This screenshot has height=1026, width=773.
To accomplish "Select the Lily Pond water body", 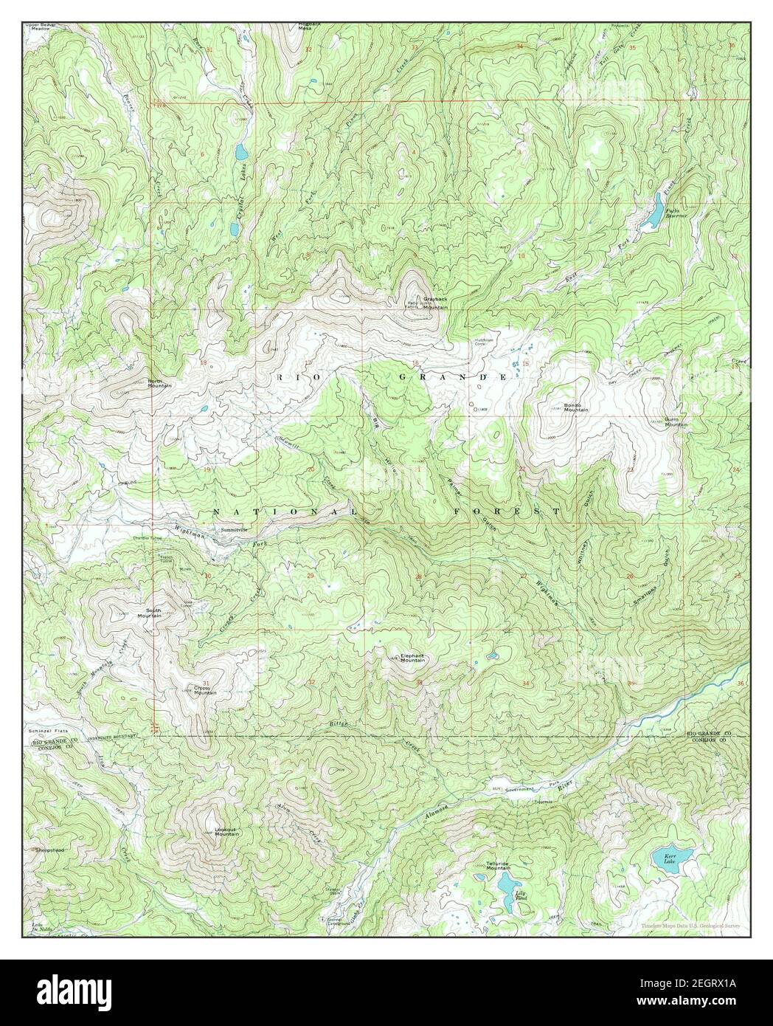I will [504, 883].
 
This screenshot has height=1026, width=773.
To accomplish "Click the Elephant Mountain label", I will [412, 658].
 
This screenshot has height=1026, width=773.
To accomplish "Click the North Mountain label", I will [160, 382].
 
